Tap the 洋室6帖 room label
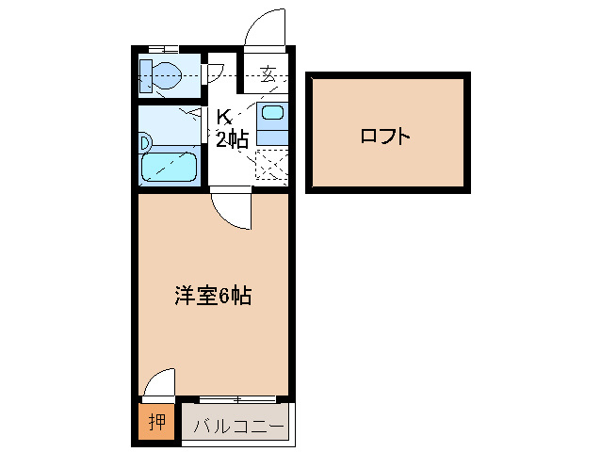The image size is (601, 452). pyautogui.click(x=212, y=296)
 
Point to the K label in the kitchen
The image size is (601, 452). pyautogui.click(x=224, y=118)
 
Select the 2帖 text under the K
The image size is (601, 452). pyautogui.click(x=231, y=141)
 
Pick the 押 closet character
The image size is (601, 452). pyautogui.click(x=158, y=421)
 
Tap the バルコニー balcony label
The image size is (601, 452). pyautogui.click(x=238, y=427)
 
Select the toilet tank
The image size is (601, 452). pyautogui.click(x=146, y=74)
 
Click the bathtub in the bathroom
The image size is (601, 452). pyautogui.click(x=170, y=169)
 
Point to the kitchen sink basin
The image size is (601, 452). pyautogui.click(x=272, y=114)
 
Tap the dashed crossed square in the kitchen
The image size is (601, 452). pyautogui.click(x=271, y=166)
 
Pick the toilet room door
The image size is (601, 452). pyautogui.click(x=214, y=73)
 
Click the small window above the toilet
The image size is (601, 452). pyautogui.click(x=164, y=47)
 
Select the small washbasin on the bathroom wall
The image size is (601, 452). pyautogui.click(x=145, y=142)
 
